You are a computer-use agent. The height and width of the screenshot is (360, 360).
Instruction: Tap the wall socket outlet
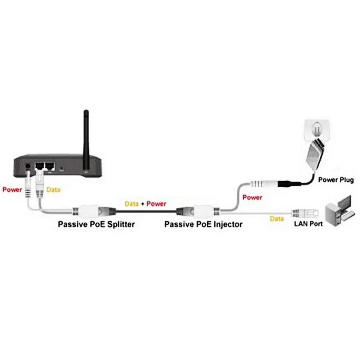pos(317,131)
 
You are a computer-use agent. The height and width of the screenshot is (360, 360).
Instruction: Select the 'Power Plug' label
pos(336,180)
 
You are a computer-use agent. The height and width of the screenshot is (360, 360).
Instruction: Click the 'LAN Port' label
pos(308,224)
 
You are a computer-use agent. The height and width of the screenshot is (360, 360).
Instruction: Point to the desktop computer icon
pos(338,210)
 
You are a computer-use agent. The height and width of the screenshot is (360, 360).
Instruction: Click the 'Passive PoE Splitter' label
pos(96,224)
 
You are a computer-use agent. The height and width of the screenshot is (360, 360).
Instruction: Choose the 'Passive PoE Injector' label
pos(204,224)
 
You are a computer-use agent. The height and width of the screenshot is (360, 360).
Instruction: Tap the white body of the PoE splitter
pos(88,210)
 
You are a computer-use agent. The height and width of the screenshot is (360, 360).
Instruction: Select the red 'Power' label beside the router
pos(12,190)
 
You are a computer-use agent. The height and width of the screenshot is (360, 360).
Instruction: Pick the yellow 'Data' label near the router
pos(53,190)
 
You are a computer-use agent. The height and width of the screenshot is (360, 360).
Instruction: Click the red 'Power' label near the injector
pos(252,197)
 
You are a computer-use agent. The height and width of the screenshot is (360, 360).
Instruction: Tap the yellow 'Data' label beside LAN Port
pos(277,219)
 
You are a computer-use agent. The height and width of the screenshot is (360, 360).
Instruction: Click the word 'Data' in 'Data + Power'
pos(132,204)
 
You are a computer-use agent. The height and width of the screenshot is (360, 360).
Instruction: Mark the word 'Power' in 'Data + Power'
pos(156,204)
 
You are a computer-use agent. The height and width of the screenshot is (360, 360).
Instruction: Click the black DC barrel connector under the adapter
pos(289,184)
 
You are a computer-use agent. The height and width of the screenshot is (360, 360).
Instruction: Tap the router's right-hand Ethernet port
pos(50,166)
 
